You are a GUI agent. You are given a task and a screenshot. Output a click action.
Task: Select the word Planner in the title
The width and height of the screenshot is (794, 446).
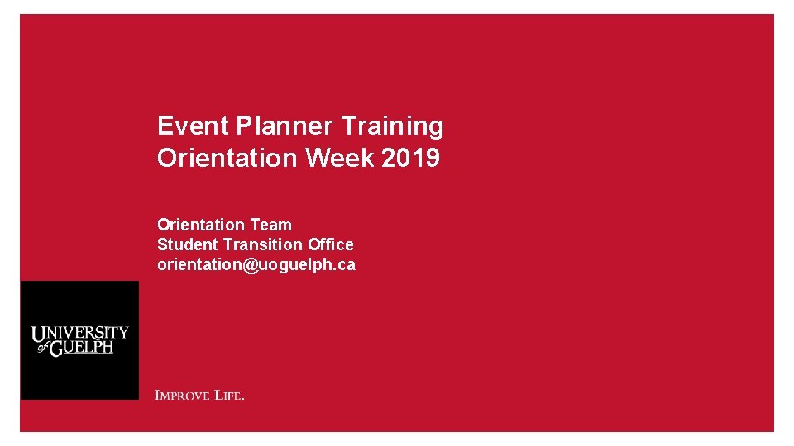point(285,126)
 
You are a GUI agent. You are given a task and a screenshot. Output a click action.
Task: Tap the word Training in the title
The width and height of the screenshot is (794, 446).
point(392,126)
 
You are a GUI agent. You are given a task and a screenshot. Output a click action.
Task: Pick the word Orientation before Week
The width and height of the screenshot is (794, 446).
point(227,158)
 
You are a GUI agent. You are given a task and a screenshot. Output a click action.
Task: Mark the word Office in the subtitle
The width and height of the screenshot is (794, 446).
point(331,244)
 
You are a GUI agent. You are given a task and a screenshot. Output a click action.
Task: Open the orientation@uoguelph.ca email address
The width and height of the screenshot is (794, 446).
point(256,265)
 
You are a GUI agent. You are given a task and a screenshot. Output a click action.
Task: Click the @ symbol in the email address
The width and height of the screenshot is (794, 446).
point(251,265)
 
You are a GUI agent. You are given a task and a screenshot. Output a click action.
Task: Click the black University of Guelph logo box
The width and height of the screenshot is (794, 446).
point(79,340)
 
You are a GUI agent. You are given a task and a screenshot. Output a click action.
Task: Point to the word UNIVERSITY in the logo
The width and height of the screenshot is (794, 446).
point(80,333)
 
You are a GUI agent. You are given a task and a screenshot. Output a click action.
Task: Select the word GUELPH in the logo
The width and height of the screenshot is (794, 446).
point(82,348)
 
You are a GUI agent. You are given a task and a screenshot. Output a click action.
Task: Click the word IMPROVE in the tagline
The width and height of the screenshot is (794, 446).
point(182,396)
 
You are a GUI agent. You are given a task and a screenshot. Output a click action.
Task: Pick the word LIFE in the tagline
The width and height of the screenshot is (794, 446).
point(228,396)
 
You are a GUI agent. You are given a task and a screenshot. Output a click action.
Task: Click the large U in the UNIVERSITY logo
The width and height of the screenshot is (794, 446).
point(39,334)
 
